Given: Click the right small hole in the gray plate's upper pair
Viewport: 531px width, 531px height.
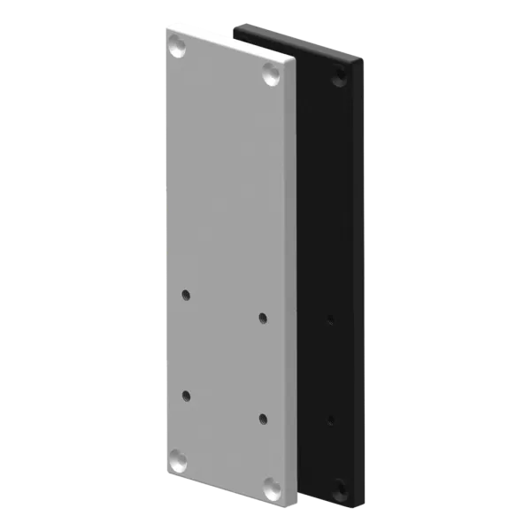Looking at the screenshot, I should tap(262, 316).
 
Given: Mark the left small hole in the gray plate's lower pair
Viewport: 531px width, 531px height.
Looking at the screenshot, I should tap(186, 395).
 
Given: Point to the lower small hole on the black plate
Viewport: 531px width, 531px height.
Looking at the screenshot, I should tap(330, 416).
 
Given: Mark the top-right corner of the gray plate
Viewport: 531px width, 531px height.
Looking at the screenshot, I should tap(295, 62).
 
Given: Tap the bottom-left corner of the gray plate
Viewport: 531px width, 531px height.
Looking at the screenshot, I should tap(165, 469).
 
